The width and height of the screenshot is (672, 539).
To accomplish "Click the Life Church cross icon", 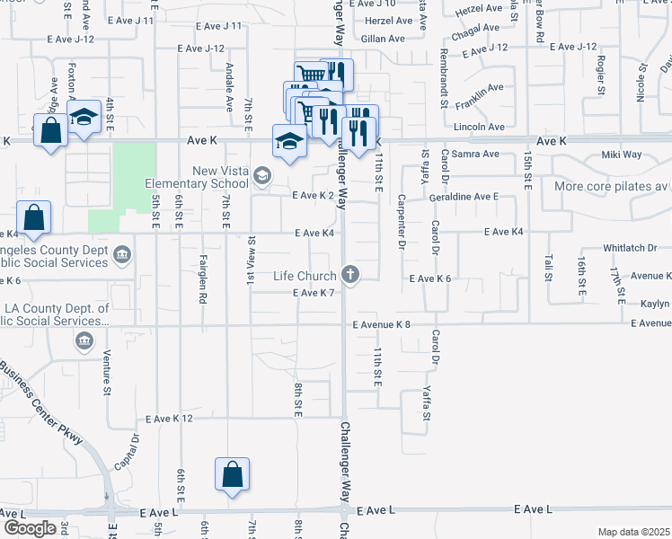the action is tap(351, 276).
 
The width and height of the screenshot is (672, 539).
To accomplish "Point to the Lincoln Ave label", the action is tap(479, 128).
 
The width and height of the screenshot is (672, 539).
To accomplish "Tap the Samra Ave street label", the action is tap(474, 154).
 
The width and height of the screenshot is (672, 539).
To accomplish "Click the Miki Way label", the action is tap(621, 155).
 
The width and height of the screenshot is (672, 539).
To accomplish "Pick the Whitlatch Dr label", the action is tap(631, 249).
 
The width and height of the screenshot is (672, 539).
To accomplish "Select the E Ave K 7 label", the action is tap(314, 293).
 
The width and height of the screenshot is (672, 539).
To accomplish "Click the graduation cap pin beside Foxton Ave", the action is tap(84, 118).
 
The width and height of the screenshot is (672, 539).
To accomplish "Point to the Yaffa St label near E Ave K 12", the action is tap(427, 403).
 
